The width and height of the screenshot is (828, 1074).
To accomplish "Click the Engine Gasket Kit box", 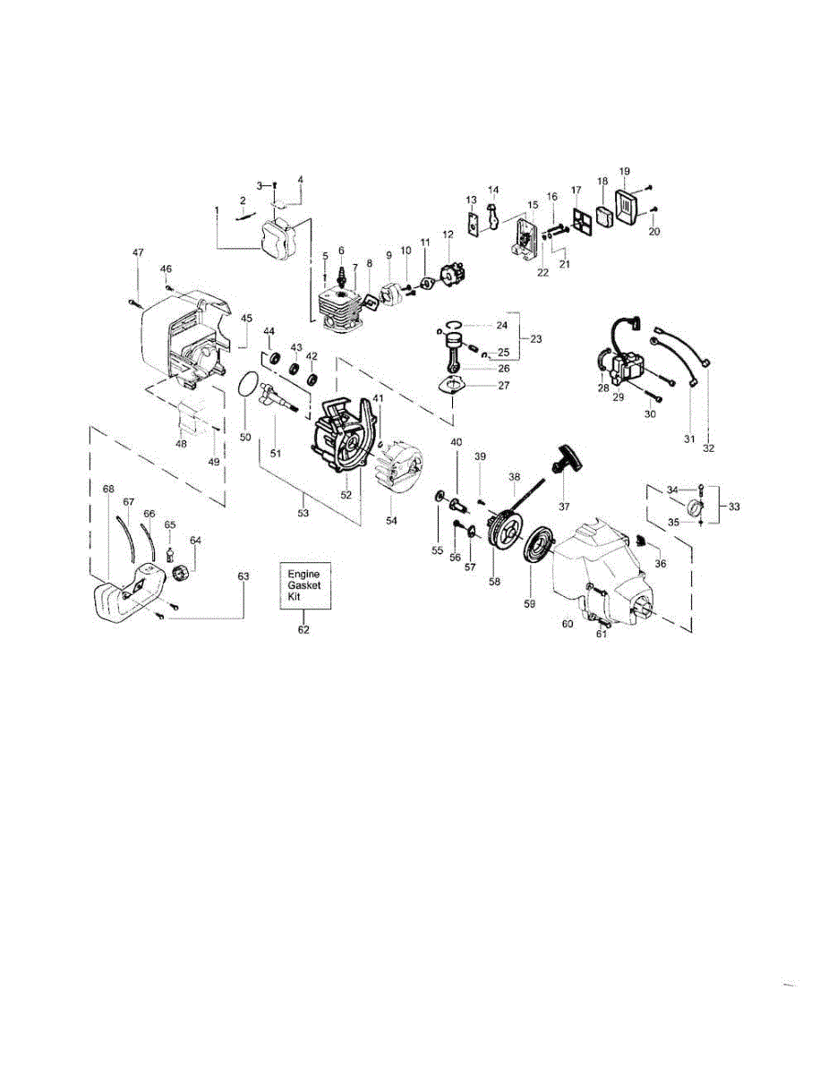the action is point(305,585).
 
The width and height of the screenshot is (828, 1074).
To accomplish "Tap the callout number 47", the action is point(138,252).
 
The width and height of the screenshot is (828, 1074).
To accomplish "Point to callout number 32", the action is point(708,448).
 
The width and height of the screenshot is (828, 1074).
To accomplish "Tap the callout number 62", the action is point(303,630).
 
